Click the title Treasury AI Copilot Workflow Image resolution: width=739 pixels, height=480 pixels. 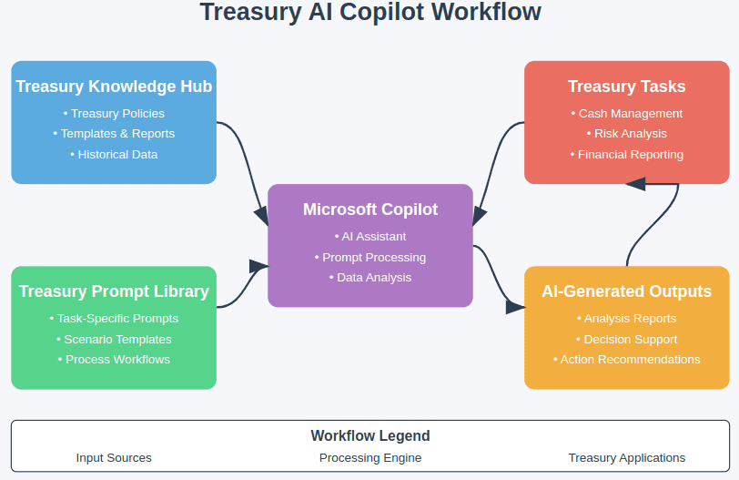(x=370, y=13)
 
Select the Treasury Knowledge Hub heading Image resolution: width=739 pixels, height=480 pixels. (x=114, y=87)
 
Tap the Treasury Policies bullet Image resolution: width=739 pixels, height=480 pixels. (x=114, y=113)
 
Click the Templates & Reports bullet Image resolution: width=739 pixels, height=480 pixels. (x=114, y=133)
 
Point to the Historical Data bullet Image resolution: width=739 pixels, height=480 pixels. (x=114, y=154)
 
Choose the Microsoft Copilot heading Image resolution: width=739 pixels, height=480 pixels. (x=370, y=209)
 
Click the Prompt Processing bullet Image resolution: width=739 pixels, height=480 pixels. (x=370, y=257)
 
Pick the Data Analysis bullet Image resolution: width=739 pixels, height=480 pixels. (x=370, y=277)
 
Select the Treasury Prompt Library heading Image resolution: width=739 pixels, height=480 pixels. (x=114, y=291)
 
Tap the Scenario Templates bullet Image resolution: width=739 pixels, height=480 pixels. (x=114, y=339)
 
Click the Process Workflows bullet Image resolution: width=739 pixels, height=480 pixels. (x=114, y=359)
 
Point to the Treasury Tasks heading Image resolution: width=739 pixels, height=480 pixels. (x=627, y=87)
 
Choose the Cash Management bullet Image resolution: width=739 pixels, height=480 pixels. (x=627, y=113)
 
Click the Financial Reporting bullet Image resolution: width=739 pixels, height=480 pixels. (x=627, y=154)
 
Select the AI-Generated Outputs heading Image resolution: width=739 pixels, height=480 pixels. (x=627, y=291)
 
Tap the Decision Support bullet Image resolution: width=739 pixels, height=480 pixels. (x=627, y=339)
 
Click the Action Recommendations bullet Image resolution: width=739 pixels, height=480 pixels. (x=627, y=359)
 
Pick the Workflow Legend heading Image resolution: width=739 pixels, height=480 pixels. (x=370, y=435)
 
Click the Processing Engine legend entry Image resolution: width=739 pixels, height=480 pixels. (x=370, y=457)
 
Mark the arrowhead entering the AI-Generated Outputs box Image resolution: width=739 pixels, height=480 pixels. (x=516, y=307)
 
